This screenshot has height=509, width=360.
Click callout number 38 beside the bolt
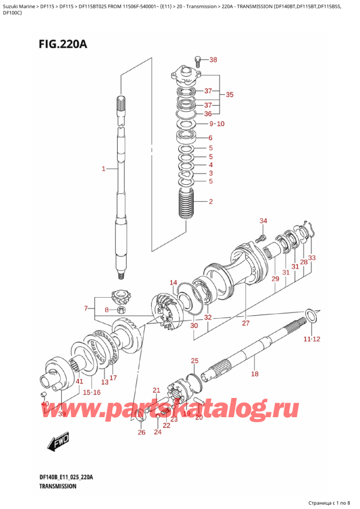click(x=213, y=60)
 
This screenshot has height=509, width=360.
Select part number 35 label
click(x=229, y=95)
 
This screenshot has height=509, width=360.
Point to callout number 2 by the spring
click(x=211, y=202)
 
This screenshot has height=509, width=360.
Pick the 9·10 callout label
click(x=215, y=124)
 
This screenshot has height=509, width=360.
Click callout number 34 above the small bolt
click(x=262, y=222)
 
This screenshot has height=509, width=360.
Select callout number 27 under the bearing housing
click(x=245, y=324)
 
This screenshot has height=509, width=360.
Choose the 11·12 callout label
click(x=311, y=339)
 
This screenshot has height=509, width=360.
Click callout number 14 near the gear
click(x=173, y=283)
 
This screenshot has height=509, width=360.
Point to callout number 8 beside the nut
click(x=106, y=310)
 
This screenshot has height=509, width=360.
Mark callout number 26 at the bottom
click(x=141, y=432)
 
